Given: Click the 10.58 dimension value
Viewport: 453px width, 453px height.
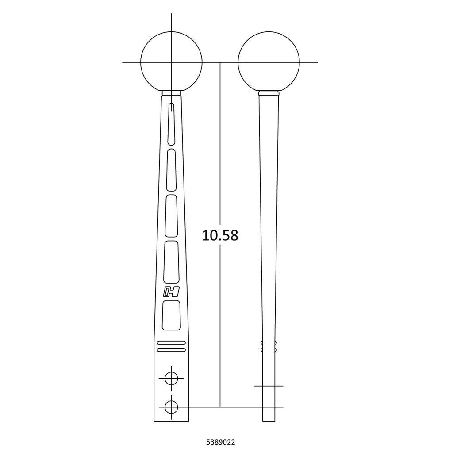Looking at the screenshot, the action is click(220, 235).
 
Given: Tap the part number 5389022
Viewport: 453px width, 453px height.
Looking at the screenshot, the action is click(220, 442).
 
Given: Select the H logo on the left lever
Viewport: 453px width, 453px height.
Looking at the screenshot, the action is click(171, 292).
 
